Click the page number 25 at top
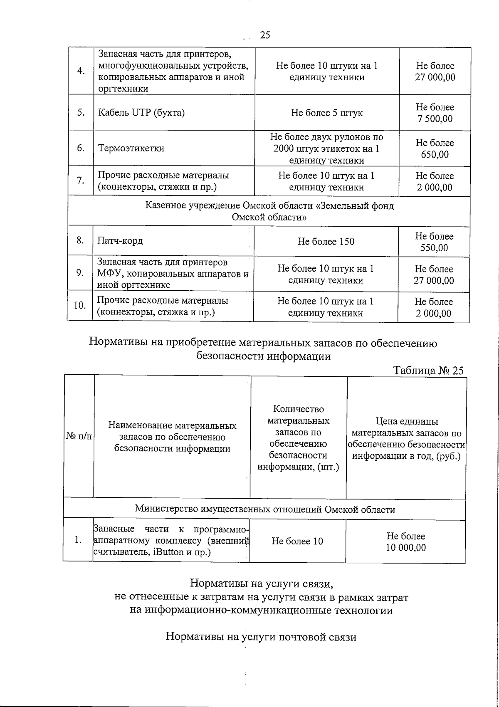point(265,35)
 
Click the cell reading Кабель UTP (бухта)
point(141,113)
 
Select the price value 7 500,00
point(435,119)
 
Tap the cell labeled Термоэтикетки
point(131,148)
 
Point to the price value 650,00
point(435,155)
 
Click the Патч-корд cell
point(120,241)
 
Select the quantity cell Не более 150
point(326,242)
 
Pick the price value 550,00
point(434,248)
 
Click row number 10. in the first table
point(80,306)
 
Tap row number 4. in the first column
point(81,71)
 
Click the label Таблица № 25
point(428,371)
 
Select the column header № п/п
point(79,437)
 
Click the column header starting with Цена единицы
point(407,439)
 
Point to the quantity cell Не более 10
point(297,541)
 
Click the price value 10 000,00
point(406,547)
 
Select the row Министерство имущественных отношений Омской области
point(265,509)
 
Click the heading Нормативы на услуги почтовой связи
point(261,637)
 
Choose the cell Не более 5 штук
point(327,113)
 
